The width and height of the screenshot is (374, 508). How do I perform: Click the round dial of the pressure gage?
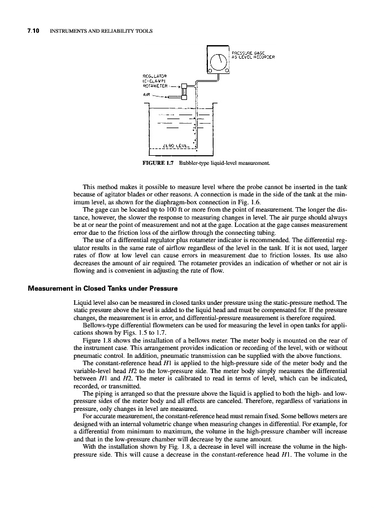pyautogui.click(x=218, y=59)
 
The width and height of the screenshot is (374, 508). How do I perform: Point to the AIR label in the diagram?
pyautogui.click(x=148, y=95)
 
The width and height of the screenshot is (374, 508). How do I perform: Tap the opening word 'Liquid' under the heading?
pyautogui.click(x=76, y=303)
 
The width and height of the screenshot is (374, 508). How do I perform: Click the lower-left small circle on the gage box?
pyautogui.click(x=208, y=70)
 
